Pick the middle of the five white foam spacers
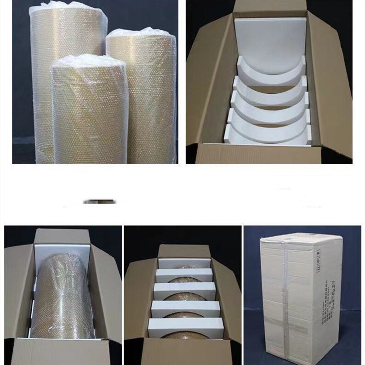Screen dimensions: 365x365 click(x=184, y=291)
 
